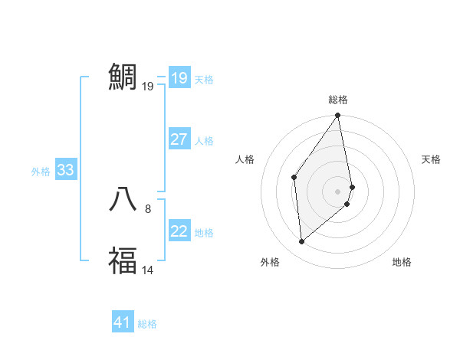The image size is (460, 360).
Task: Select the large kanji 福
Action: (x=123, y=260)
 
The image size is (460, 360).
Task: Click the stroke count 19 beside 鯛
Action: (x=148, y=86)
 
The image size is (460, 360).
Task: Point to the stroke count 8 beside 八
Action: (x=148, y=208)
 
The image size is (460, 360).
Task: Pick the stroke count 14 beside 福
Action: (x=148, y=270)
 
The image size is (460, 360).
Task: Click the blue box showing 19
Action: (x=179, y=78)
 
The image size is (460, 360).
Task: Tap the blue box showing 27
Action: (x=179, y=139)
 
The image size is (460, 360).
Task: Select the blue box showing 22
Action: (x=179, y=231)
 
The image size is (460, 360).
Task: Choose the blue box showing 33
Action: (x=65, y=170)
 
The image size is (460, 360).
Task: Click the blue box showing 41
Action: (x=123, y=322)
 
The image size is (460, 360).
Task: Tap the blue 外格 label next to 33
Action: (x=41, y=172)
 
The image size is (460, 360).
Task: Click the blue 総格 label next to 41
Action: (x=147, y=324)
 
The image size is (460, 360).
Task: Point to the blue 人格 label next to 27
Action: (x=204, y=141)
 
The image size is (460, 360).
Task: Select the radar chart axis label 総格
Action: (x=338, y=100)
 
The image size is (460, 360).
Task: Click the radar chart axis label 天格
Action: (x=432, y=159)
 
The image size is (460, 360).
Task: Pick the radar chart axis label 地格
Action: (x=402, y=262)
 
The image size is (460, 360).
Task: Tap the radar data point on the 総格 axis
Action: (x=338, y=116)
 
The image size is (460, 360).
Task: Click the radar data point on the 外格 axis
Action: (x=302, y=241)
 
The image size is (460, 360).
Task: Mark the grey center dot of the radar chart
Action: (x=338, y=191)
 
